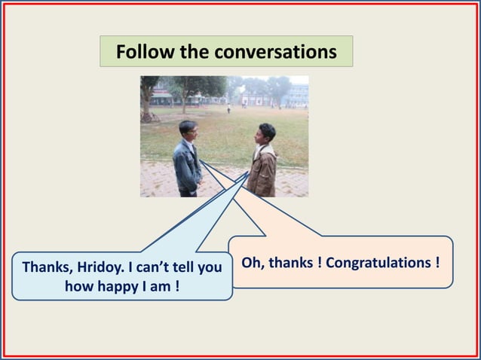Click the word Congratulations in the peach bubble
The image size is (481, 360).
click(x=388, y=263)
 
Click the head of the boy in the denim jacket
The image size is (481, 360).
click(x=188, y=130)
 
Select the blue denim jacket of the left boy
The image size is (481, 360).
click(x=186, y=166)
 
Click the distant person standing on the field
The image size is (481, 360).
click(x=228, y=109)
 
